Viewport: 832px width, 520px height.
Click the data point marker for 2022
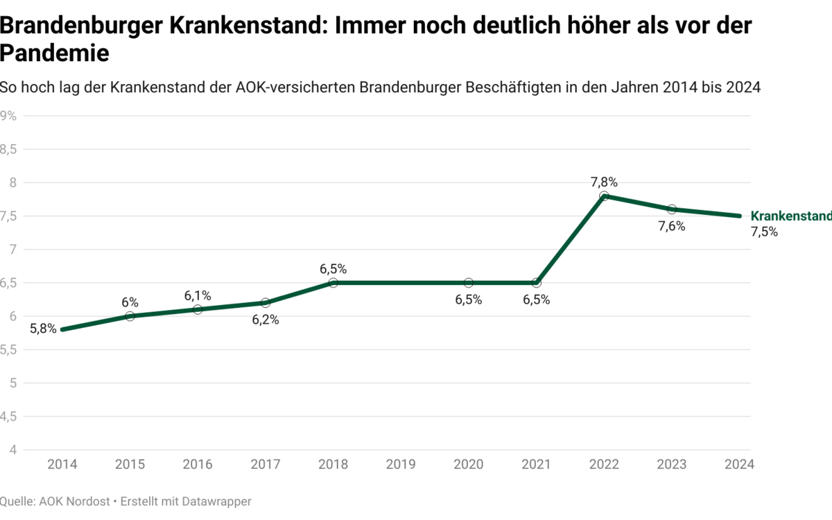point(604,196)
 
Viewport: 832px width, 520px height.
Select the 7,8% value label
point(604,182)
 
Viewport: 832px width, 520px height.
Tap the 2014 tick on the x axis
point(62,465)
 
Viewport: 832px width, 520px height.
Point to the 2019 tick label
point(401,465)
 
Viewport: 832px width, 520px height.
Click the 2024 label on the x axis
point(737,465)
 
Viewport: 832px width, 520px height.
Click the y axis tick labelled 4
point(12,450)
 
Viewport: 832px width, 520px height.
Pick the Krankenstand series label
point(790,216)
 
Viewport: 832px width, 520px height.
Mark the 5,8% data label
point(43,329)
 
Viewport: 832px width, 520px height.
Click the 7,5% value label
point(764,232)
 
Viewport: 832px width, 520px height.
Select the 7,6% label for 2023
point(672,226)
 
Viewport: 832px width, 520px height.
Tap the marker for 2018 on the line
point(333,283)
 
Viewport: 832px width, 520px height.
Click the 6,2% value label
point(265,320)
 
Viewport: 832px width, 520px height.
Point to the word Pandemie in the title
point(55,53)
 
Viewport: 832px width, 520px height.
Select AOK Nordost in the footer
point(76,501)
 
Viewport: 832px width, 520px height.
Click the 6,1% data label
point(198,296)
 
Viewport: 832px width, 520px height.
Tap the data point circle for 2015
point(130,316)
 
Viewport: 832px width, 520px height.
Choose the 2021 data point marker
point(536,283)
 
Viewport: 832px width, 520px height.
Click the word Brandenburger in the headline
point(82,26)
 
